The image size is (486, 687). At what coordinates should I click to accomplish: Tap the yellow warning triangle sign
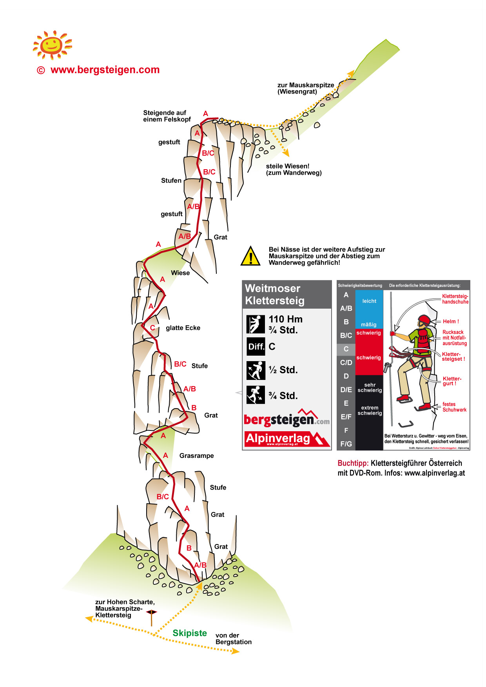click(x=250, y=257)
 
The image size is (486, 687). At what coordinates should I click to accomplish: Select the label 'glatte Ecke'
click(x=183, y=328)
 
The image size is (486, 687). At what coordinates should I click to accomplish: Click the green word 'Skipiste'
click(x=190, y=633)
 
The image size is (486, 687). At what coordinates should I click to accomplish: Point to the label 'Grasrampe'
click(x=196, y=456)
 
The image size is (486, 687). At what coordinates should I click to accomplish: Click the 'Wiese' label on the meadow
click(x=180, y=273)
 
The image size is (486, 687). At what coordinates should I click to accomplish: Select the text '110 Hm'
click(x=285, y=319)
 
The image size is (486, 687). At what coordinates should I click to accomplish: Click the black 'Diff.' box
click(x=256, y=347)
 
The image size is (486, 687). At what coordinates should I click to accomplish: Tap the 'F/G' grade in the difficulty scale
click(x=346, y=444)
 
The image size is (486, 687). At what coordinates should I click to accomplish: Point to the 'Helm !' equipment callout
click(x=451, y=322)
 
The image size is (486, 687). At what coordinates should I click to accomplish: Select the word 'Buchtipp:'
click(x=353, y=463)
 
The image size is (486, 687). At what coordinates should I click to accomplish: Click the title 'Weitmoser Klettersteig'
click(x=275, y=295)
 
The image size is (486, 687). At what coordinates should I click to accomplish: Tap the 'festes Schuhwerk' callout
click(x=454, y=407)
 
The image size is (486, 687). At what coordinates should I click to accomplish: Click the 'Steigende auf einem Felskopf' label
click(x=167, y=116)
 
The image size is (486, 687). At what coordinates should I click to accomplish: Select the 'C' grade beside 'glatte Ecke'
click(x=152, y=328)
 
